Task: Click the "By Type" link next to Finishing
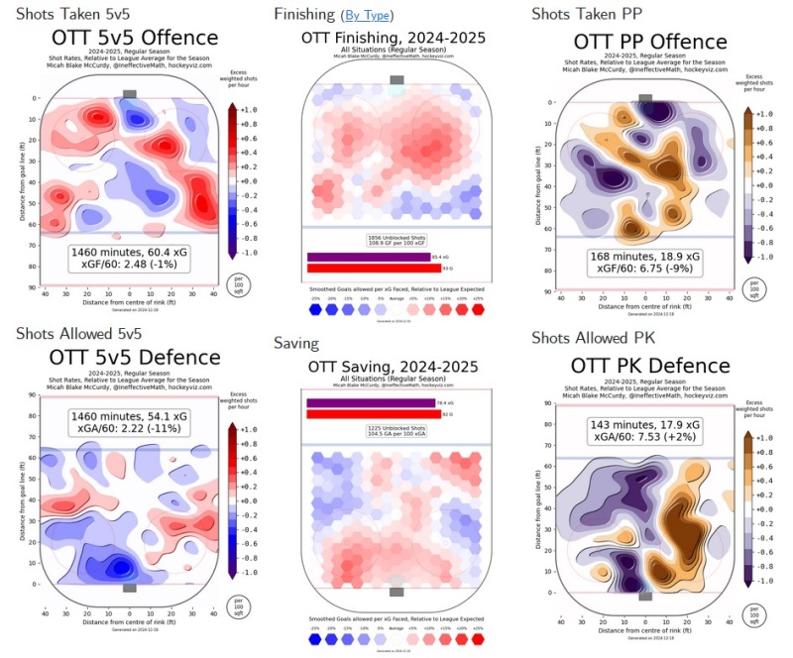(367, 15)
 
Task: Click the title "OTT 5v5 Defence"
(122, 356)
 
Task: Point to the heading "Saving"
(298, 343)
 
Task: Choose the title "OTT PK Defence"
(650, 366)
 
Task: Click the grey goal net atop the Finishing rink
(396, 79)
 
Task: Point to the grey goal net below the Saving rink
(396, 593)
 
